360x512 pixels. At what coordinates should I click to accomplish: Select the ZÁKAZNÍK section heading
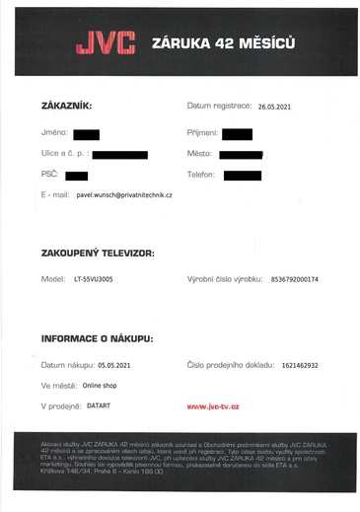[68, 106]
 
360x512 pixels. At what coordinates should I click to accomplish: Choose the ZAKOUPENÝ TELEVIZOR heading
[98, 254]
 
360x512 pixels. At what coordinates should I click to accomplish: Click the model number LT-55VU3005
[92, 279]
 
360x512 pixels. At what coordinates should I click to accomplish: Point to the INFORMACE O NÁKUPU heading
[97, 338]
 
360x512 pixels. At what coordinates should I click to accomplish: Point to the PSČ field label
[50, 175]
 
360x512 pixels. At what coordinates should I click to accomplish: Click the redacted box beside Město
[241, 155]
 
